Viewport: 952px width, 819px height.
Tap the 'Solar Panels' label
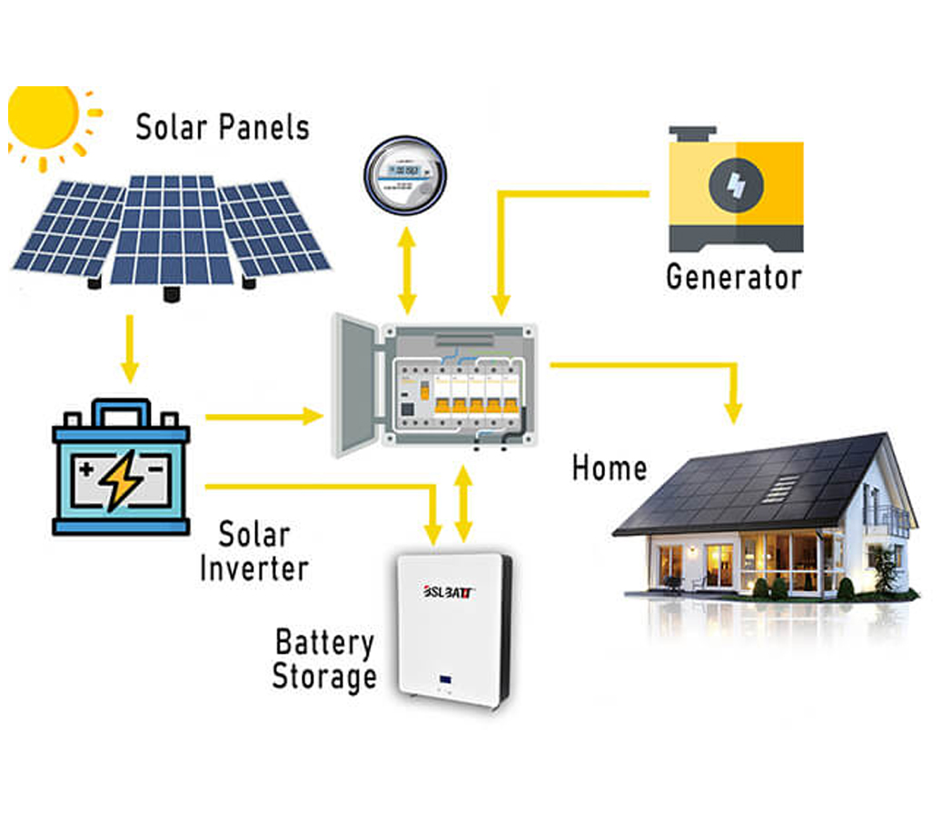(x=223, y=127)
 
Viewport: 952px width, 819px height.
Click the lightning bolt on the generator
(x=736, y=185)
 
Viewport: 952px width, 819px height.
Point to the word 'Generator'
(x=734, y=276)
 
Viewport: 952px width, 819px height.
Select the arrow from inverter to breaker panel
(x=263, y=417)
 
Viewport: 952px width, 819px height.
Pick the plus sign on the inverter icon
(x=87, y=469)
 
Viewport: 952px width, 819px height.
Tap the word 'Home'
(x=610, y=469)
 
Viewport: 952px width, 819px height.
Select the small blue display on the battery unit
(x=447, y=678)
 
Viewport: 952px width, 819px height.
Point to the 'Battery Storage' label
(x=324, y=660)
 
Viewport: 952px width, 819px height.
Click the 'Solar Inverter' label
(x=253, y=552)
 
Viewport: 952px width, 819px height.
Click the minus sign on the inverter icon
(x=155, y=469)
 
